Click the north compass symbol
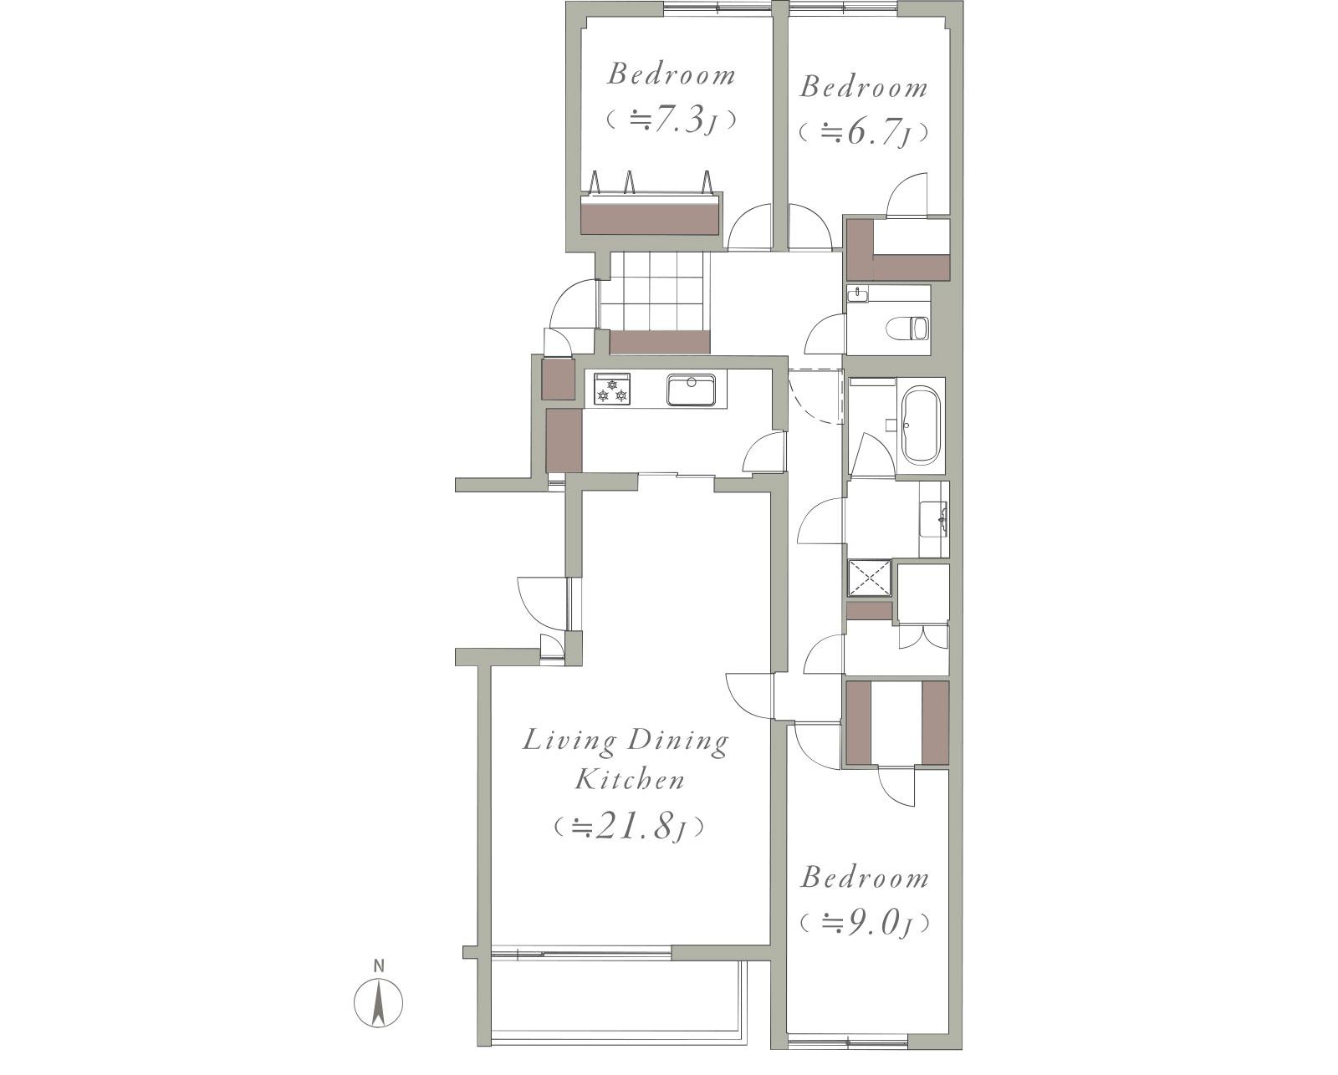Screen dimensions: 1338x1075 click(378, 1003)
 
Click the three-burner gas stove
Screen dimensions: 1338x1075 click(612, 390)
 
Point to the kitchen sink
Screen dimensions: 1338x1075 click(692, 390)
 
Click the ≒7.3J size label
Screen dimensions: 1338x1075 click(672, 120)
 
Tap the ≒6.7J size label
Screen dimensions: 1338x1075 click(864, 133)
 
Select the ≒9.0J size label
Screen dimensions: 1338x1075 click(865, 924)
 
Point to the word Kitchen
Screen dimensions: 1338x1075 click(629, 780)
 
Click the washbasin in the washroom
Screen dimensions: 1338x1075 click(935, 518)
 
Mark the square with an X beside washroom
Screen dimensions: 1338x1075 click(869, 578)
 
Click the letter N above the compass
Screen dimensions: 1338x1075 click(378, 966)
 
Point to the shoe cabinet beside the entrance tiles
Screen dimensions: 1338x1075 click(659, 342)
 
